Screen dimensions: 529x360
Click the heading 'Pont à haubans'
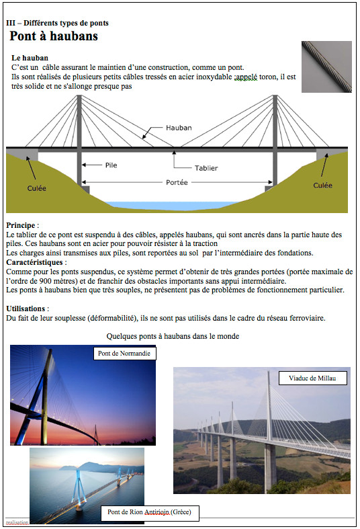coord(54,36)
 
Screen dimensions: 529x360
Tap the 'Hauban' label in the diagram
coord(179,128)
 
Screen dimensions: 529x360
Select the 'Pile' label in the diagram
coord(111,165)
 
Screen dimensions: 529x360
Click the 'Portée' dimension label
coord(177,183)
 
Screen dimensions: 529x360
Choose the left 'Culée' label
coord(37,188)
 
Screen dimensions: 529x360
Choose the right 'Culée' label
coord(323,185)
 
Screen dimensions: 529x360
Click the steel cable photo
coord(326,67)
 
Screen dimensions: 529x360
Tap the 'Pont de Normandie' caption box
coord(124,354)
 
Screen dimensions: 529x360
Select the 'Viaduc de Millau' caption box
coord(312,378)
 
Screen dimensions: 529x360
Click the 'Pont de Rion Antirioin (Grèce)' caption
coord(149,513)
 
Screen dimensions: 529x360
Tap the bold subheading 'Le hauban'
coord(30,58)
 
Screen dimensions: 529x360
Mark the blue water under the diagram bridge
coord(177,204)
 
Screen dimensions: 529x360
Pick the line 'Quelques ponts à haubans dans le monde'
coord(173,336)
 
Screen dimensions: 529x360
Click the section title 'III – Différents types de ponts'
coord(57,23)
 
